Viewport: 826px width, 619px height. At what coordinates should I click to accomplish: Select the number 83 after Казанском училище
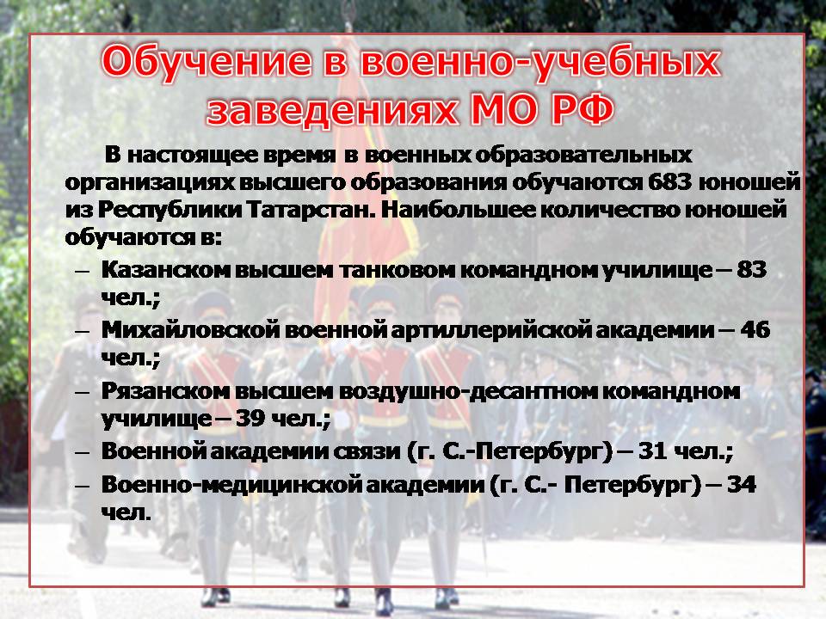751,270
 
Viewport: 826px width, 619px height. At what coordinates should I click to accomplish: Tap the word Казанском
165,270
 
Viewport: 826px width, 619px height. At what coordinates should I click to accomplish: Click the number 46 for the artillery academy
755,330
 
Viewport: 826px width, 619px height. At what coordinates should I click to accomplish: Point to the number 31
653,451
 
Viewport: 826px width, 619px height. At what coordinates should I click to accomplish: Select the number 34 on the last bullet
741,484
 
